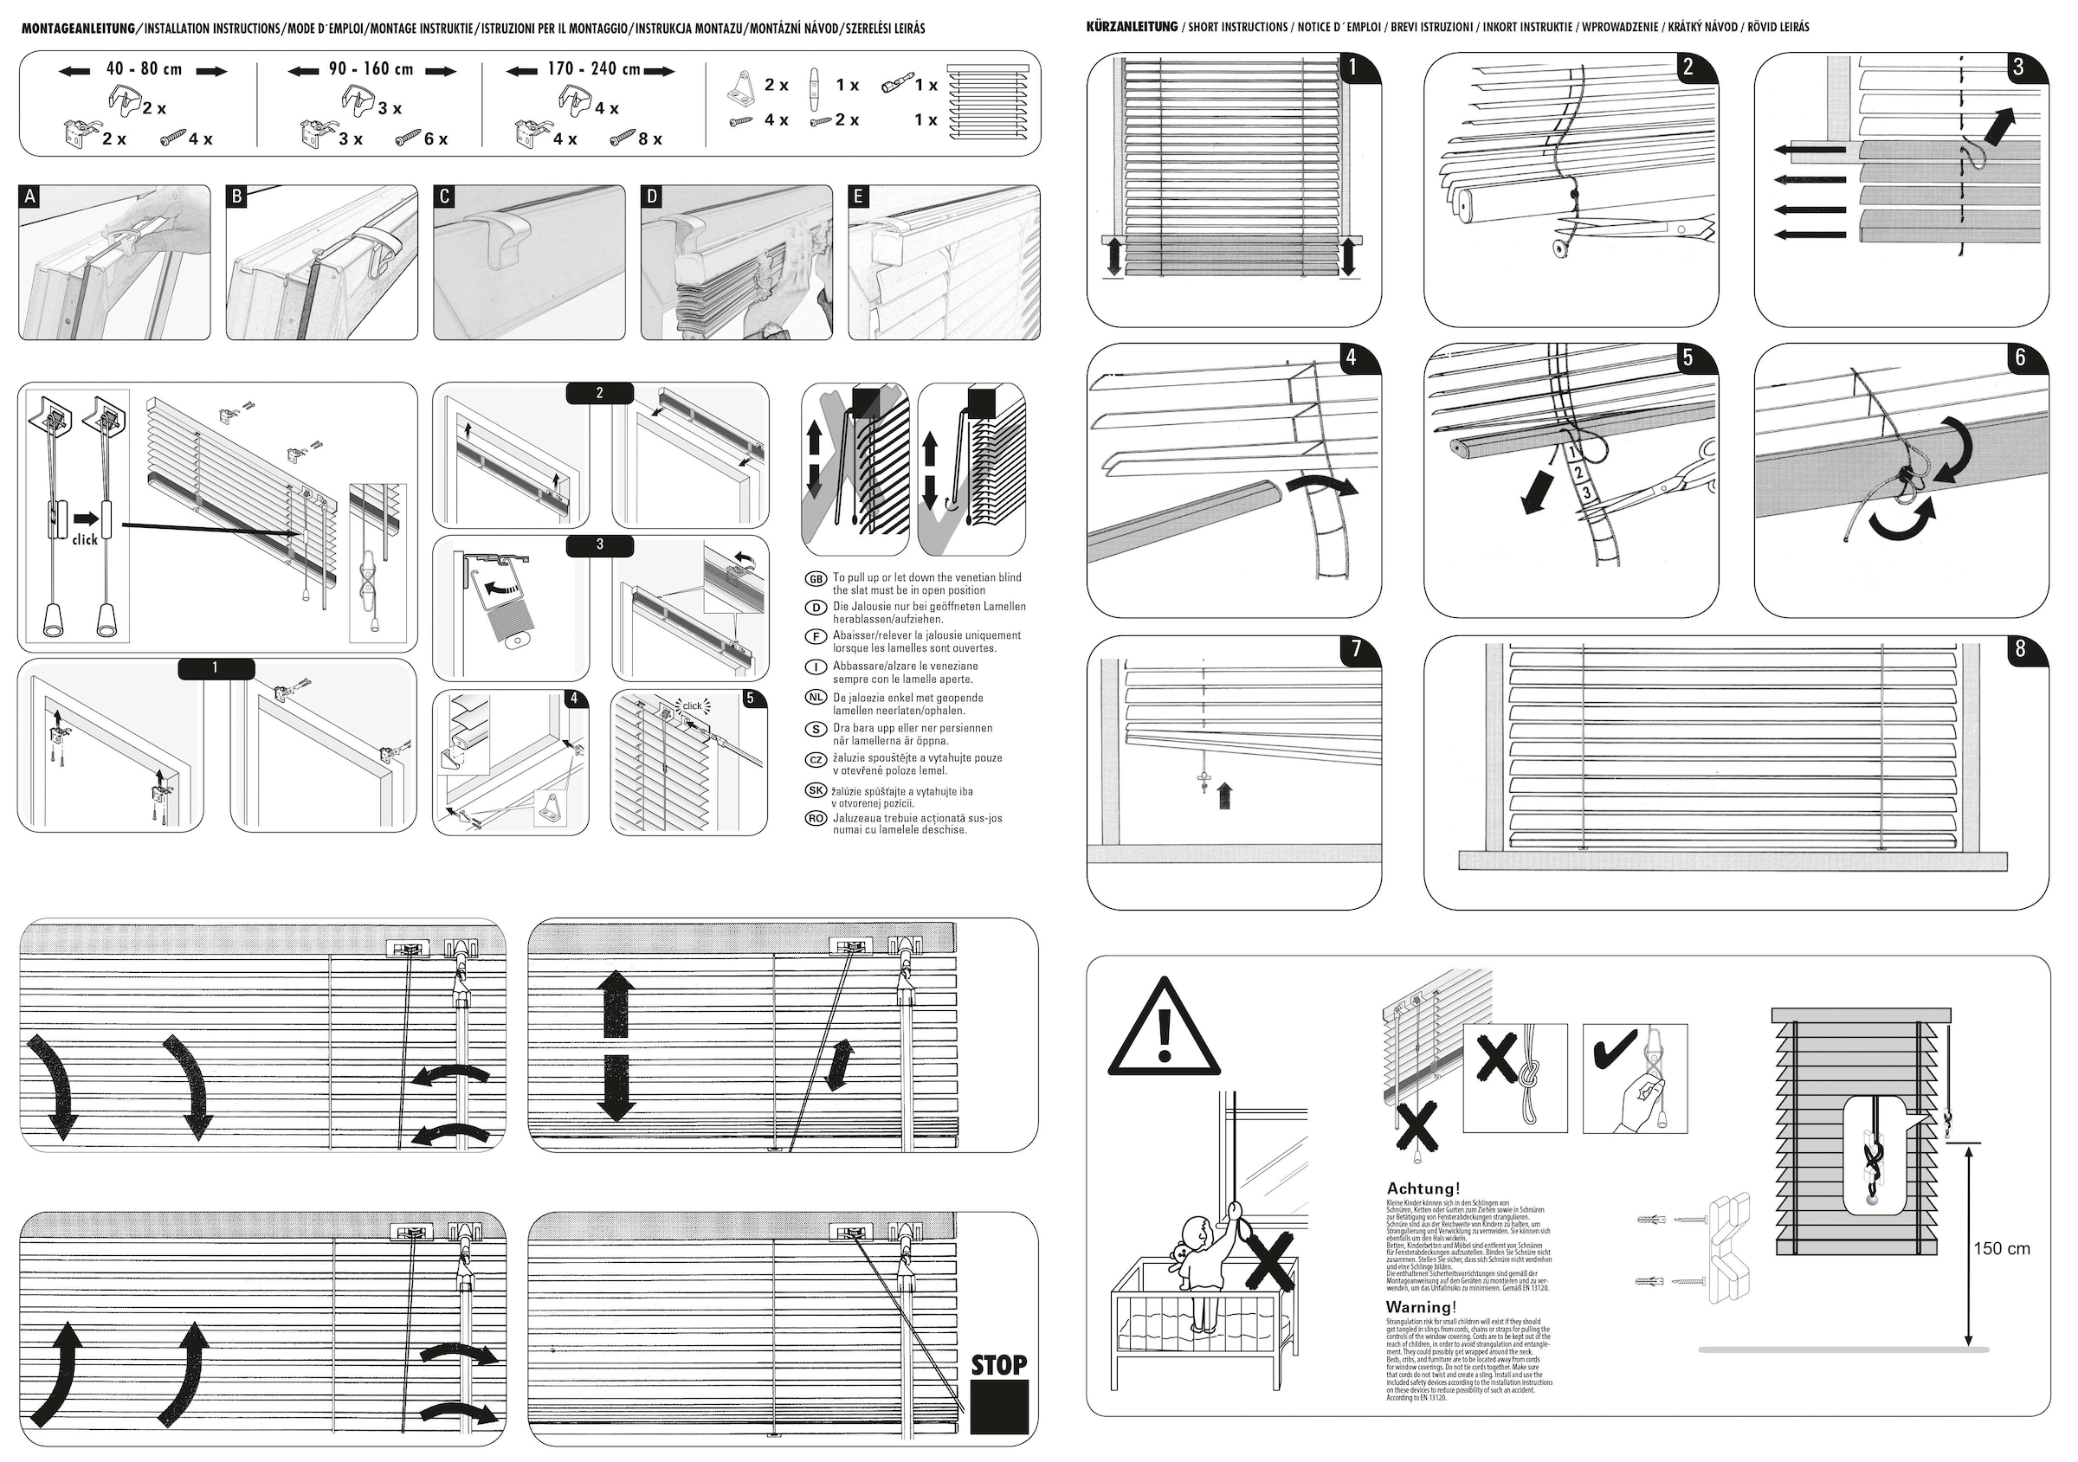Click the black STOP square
(x=999, y=1407)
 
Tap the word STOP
(x=999, y=1365)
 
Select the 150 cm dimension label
(x=2001, y=1248)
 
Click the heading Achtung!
(x=1423, y=1188)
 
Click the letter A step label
(x=29, y=196)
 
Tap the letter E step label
(x=859, y=196)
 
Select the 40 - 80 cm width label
(x=144, y=69)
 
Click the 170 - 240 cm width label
(x=594, y=69)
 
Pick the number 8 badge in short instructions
(x=2020, y=649)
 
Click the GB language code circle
(x=816, y=579)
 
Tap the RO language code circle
(x=816, y=819)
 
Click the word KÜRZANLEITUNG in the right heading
(x=1132, y=27)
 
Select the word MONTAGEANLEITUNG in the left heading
(x=78, y=29)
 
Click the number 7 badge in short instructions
(x=1356, y=649)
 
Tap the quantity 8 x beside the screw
(x=650, y=139)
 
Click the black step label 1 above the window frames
(x=216, y=668)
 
